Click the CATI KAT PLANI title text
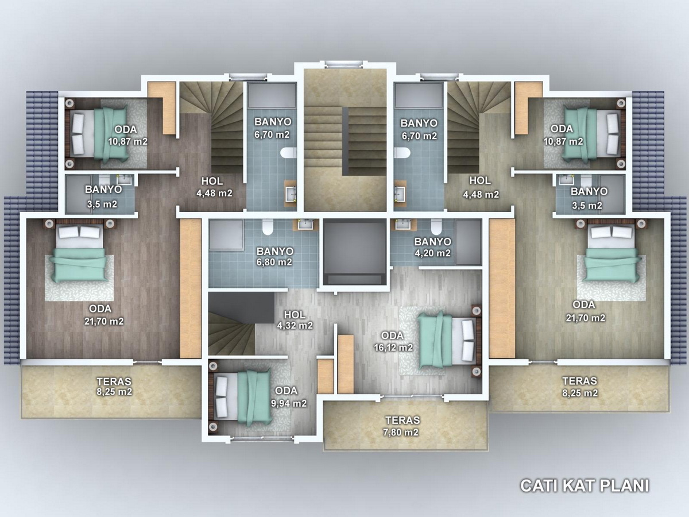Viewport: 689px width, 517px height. tap(585, 485)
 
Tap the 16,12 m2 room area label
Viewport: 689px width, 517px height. tap(393, 347)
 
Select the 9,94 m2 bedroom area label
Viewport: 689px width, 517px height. tap(289, 403)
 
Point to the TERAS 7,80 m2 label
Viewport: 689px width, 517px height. tap(401, 426)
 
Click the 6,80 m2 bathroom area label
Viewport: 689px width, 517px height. tap(274, 262)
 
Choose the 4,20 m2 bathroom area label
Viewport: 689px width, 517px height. tap(433, 253)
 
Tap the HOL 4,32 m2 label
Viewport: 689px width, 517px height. tap(295, 320)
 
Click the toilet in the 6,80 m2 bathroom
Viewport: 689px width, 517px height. tap(268, 227)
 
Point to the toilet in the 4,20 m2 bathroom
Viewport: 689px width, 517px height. tap(436, 227)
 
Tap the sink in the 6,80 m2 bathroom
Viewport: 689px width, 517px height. tap(305, 225)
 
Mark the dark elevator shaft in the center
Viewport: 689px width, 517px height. tap(355, 252)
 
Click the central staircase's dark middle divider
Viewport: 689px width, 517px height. tap(345, 141)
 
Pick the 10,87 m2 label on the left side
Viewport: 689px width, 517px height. tap(127, 141)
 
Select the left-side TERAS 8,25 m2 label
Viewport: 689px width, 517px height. tap(114, 387)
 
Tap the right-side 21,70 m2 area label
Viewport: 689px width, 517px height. tap(586, 318)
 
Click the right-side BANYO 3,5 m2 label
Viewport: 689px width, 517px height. tap(589, 198)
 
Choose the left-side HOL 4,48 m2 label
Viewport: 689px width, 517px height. tap(214, 187)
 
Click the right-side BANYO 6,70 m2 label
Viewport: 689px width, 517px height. tap(419, 129)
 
